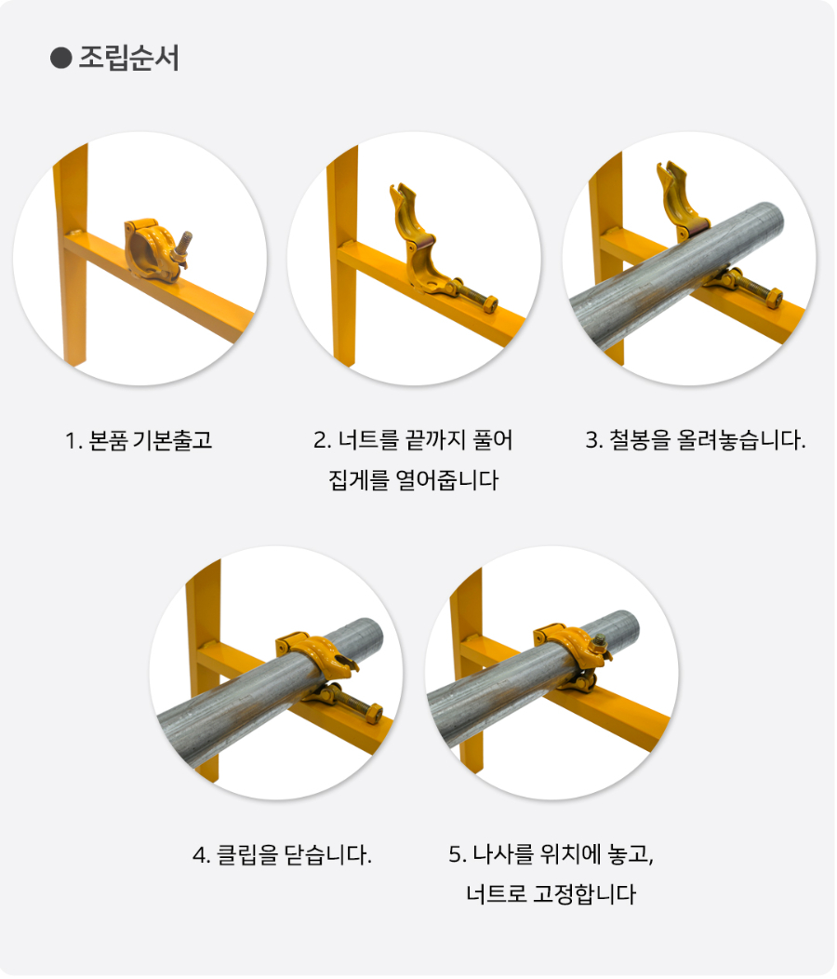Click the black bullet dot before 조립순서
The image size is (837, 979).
pyautogui.click(x=60, y=59)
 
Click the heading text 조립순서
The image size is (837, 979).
pyautogui.click(x=128, y=59)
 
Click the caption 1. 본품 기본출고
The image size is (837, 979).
pyautogui.click(x=139, y=440)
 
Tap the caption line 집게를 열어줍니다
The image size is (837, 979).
pyautogui.click(x=414, y=481)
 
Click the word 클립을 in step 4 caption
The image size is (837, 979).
pyautogui.click(x=246, y=854)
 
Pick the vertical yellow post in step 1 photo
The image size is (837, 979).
pyautogui.click(x=72, y=270)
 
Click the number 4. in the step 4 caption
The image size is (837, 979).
pyautogui.click(x=201, y=854)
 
